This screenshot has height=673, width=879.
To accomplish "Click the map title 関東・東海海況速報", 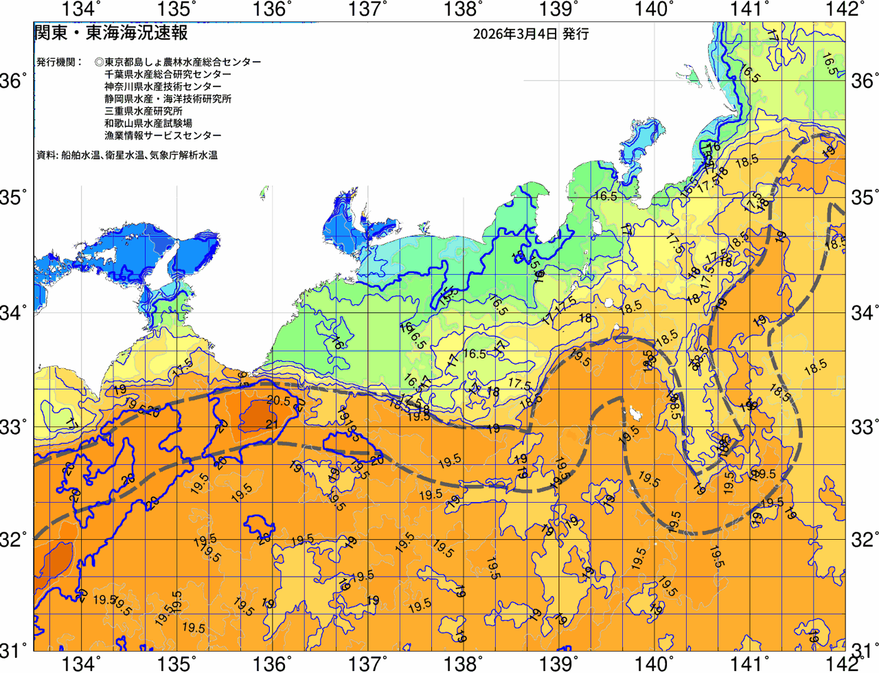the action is (x=111, y=33).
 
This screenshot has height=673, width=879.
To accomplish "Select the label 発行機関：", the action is (x=60, y=62).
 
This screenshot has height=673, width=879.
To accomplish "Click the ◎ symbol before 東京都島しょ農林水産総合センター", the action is (x=100, y=62).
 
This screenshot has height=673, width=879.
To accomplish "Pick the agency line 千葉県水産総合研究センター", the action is (x=168, y=74).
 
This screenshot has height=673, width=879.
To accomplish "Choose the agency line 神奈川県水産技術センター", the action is (x=163, y=87).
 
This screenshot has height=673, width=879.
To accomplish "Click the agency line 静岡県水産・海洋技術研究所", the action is (x=168, y=99).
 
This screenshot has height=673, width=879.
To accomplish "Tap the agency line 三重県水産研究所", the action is (x=143, y=111).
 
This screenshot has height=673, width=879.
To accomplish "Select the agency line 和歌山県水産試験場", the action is (x=148, y=124).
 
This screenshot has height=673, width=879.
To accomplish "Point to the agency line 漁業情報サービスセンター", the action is (x=163, y=136).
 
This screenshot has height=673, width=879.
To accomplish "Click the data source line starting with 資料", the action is (x=126, y=155).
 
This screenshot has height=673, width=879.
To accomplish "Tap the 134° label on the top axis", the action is (x=81, y=9).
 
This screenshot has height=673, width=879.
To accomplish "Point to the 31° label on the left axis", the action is (x=14, y=649).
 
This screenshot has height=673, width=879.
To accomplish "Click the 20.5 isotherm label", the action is (x=277, y=402).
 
